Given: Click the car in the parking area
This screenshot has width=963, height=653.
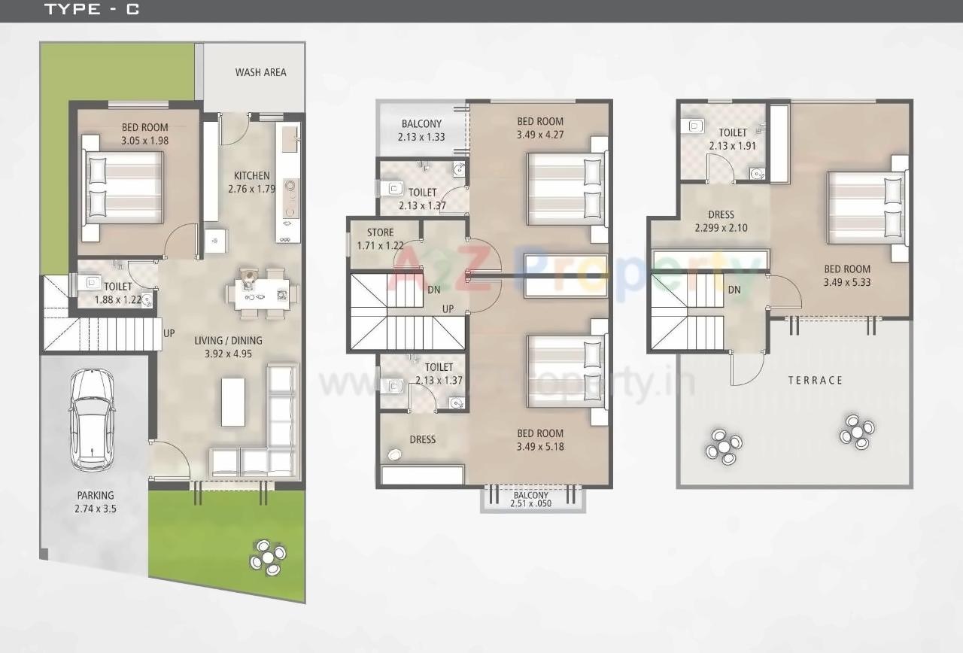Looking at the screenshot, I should tap(92, 421).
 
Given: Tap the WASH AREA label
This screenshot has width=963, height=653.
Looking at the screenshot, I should tap(260, 72).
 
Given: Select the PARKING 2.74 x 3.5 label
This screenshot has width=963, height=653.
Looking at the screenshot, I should tap(96, 502).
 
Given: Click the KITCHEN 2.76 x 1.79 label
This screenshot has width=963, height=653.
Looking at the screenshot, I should tap(251, 182).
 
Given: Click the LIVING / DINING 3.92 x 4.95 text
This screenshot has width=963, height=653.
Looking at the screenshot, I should tap(228, 347).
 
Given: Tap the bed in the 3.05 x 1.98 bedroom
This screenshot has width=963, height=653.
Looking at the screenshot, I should tap(123, 187).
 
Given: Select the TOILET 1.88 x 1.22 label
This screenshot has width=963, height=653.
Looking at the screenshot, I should tap(117, 293).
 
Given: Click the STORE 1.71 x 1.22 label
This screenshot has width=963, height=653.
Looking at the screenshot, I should tap(380, 238).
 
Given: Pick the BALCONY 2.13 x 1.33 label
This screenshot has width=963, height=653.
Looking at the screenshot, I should tap(421, 130).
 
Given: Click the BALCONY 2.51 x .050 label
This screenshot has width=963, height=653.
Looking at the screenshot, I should tap(531, 500).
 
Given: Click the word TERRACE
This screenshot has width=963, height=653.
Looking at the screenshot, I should tap(816, 381).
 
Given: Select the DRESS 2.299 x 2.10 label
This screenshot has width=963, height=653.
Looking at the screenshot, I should tap(720, 221).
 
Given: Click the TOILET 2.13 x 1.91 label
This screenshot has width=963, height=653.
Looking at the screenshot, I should tap(732, 139).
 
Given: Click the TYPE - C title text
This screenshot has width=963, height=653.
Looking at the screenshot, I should tap(92, 10).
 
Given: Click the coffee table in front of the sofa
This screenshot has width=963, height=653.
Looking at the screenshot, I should tap(232, 402).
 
